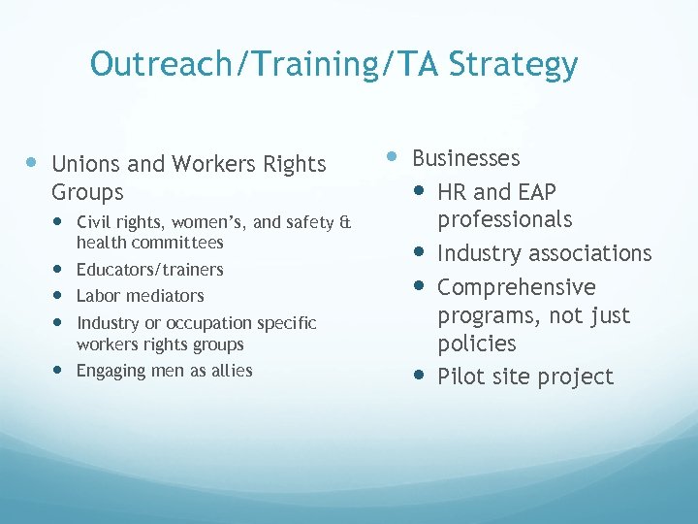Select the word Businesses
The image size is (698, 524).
click(x=466, y=158)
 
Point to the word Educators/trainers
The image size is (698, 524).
click(x=149, y=269)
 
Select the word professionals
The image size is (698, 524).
click(x=504, y=219)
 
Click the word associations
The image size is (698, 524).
click(x=593, y=253)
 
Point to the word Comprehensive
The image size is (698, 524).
click(x=516, y=287)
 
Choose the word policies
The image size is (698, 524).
click(x=477, y=344)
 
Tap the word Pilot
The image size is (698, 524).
click(x=459, y=377)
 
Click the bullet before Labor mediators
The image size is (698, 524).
click(x=61, y=295)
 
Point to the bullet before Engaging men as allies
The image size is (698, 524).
click(x=61, y=370)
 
